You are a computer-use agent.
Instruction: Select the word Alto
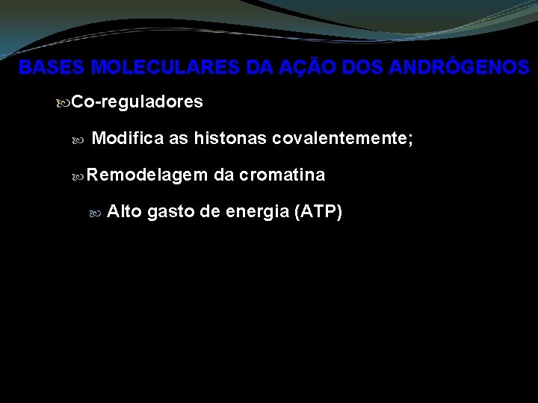tap(125, 212)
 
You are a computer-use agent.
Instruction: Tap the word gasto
tap(171, 213)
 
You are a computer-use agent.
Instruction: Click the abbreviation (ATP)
tap(319, 213)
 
